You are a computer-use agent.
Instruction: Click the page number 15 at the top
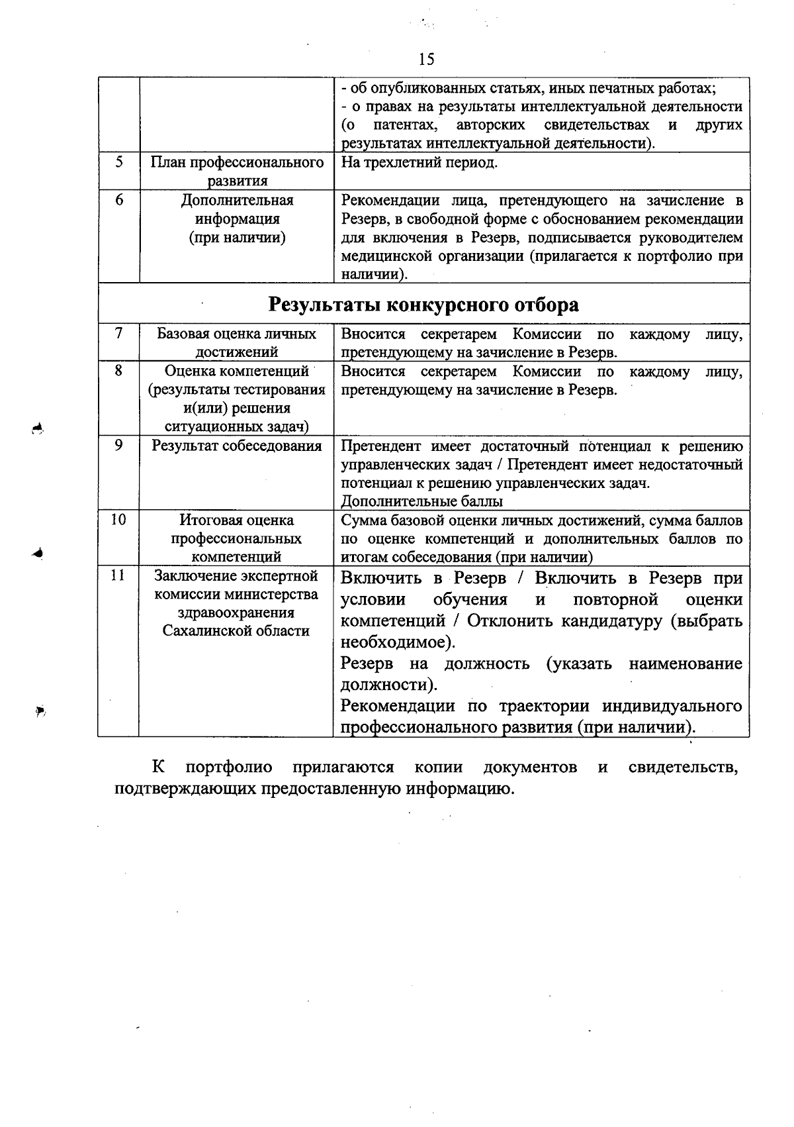click(427, 60)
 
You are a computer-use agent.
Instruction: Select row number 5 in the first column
click(118, 162)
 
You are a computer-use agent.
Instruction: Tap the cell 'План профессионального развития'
click(236, 171)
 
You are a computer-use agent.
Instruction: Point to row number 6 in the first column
click(118, 200)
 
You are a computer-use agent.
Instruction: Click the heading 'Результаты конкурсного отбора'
click(423, 305)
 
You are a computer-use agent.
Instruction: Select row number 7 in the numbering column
click(118, 334)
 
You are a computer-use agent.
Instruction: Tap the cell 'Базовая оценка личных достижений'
click(236, 343)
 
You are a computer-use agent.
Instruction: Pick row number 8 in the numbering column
click(118, 371)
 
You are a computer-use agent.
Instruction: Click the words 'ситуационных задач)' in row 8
click(236, 427)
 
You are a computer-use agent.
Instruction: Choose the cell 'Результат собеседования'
click(236, 446)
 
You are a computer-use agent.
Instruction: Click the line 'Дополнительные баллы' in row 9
click(421, 501)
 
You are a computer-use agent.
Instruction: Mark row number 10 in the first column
click(118, 520)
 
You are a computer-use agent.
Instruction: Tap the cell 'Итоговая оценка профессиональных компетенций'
click(236, 538)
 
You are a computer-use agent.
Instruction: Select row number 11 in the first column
click(118, 575)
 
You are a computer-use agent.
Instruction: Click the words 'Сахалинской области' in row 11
click(236, 631)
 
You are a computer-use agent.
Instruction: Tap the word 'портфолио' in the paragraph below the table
click(229, 767)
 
